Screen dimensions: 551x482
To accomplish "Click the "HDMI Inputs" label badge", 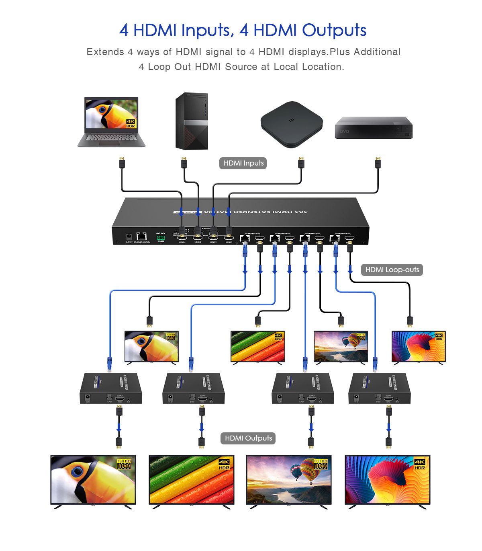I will [x=243, y=163].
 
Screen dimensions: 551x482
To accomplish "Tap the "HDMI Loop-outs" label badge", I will [x=392, y=269].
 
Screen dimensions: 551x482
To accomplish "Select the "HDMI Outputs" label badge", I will [x=248, y=438].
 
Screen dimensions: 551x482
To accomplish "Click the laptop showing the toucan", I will [x=111, y=122].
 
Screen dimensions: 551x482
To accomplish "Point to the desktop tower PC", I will [x=192, y=121].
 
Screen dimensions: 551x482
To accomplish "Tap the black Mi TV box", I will [x=291, y=124].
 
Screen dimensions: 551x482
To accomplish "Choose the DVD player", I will [x=374, y=128].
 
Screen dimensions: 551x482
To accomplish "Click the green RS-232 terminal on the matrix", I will [x=161, y=238].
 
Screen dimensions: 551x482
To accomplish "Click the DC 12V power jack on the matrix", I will [x=129, y=237].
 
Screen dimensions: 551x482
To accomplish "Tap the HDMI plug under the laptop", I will [x=122, y=163].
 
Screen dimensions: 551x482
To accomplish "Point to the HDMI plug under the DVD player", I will [x=378, y=163].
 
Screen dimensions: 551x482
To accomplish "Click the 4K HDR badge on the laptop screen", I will [x=131, y=123].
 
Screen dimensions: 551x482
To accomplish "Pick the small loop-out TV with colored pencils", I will [x=257, y=347].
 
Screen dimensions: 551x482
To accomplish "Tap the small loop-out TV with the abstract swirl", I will [x=419, y=347].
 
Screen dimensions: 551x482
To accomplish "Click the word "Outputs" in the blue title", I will [x=334, y=30].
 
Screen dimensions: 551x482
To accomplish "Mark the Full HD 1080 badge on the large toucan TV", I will [x=124, y=464].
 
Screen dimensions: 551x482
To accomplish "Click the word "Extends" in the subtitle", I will [x=105, y=52].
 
